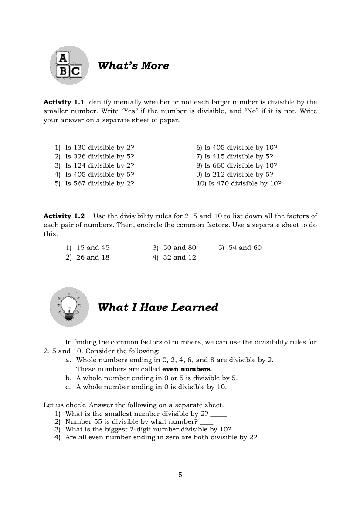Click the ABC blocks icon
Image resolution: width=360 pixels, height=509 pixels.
pyautogui.click(x=69, y=66)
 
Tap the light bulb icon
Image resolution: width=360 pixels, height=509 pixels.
pyautogui.click(x=69, y=307)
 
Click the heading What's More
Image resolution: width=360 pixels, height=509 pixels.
pyautogui.click(x=133, y=66)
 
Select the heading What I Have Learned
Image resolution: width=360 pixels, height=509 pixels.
pyautogui.click(x=158, y=307)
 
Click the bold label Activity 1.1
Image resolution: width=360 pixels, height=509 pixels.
pyautogui.click(x=57, y=102)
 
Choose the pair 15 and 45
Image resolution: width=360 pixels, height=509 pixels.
pyautogui.click(x=93, y=248)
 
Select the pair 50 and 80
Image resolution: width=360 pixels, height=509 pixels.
pyautogui.click(x=180, y=248)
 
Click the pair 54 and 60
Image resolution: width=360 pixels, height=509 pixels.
pyautogui.click(x=245, y=248)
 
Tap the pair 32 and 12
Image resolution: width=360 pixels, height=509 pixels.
pyautogui.click(x=180, y=257)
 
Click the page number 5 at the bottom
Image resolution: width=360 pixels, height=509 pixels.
pyautogui.click(x=180, y=475)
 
